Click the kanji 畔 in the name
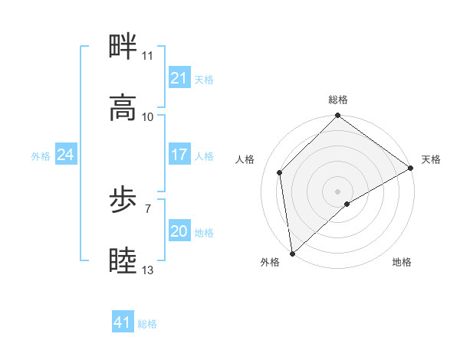pos(123,47)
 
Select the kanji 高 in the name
pos(123,108)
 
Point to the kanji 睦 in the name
pos(123,261)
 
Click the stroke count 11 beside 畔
pos(147,56)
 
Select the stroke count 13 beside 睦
pos(147,270)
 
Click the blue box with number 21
pos(179,78)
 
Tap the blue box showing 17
pos(179,155)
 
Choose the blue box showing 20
pos(179,231)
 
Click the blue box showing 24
pos(65,155)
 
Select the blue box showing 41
pos(123,322)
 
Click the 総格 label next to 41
pos(147,324)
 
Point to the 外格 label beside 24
pos(41,155)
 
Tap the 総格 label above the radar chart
pos(338,100)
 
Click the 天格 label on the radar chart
pos(431,159)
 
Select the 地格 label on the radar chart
pos(402,262)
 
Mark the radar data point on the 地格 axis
pos(347,204)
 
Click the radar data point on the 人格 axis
pos(280,172)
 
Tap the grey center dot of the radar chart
pos(338,191)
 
